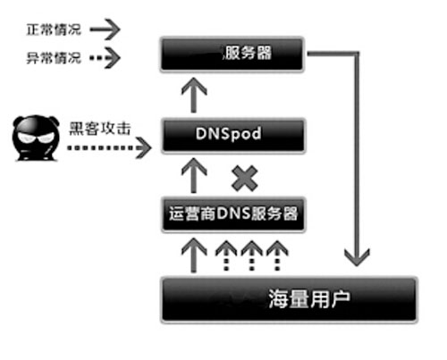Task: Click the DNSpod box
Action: pos(233,136)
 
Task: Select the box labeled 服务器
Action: pos(232,54)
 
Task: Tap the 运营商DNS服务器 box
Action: pos(233,214)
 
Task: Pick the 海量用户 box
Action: pos(289,299)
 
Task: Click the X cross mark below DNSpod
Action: pos(245,179)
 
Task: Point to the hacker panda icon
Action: pos(36,138)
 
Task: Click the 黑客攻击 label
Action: pos(100,129)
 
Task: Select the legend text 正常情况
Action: pos(54,29)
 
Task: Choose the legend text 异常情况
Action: pos(54,57)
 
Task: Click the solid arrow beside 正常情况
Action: pos(105,29)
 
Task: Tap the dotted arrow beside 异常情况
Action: pos(105,57)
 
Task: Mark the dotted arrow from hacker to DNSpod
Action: pos(109,147)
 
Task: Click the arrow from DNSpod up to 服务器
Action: pos(194,96)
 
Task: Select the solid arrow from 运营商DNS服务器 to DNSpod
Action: pos(194,175)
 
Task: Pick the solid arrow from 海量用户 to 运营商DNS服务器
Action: pos(194,255)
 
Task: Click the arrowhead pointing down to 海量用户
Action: pos(357,257)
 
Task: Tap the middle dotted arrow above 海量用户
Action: pos(252,255)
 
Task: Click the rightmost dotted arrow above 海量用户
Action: pos(277,255)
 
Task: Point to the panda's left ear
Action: pos(18,121)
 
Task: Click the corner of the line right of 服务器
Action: pos(357,54)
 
